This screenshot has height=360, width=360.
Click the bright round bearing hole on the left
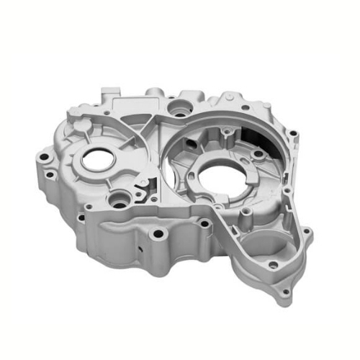point(96,160)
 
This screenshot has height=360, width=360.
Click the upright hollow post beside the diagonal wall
point(246,214)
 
